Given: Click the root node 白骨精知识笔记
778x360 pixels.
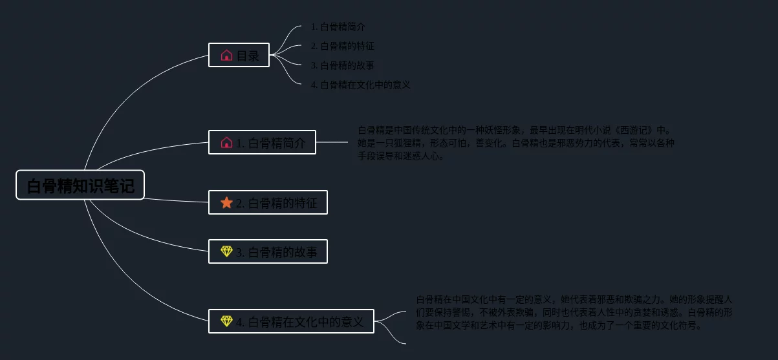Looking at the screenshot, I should (80, 185).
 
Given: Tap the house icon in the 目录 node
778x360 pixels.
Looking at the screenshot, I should (226, 56).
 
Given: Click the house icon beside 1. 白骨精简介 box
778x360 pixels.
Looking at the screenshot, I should (226, 142).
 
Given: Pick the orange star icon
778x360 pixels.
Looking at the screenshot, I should (226, 203).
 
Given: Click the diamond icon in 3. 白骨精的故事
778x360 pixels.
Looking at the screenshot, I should (226, 251).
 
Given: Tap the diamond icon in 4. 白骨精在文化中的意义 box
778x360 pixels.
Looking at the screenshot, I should (226, 321).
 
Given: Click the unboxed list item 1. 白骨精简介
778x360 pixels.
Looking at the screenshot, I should (338, 27).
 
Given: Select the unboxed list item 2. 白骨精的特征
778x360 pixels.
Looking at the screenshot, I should (342, 47).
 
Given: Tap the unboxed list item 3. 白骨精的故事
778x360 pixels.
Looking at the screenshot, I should (342, 65).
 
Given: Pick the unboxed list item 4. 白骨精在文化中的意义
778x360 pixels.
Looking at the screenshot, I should (360, 85).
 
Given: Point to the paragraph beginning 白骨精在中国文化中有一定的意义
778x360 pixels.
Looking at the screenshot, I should (574, 312).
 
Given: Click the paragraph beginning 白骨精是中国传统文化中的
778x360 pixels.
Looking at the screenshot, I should (515, 143).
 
